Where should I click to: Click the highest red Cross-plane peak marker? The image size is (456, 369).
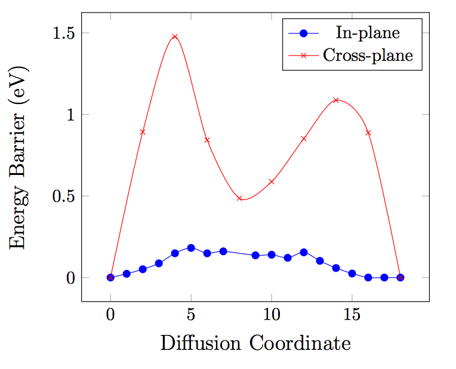click(x=175, y=36)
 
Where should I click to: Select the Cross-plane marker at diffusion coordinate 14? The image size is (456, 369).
click(x=336, y=100)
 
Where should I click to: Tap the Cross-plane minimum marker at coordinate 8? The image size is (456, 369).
click(x=239, y=198)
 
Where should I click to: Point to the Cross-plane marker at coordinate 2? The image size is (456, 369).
click(x=143, y=132)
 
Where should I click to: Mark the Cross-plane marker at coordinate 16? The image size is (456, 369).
click(x=368, y=133)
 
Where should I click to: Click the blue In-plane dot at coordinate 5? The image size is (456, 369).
click(x=191, y=248)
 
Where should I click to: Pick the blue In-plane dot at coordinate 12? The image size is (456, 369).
click(x=304, y=253)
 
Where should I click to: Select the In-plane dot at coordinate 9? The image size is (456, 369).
click(x=255, y=256)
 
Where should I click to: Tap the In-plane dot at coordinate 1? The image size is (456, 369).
click(x=127, y=274)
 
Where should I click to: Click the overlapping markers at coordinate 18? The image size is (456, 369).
click(x=400, y=277)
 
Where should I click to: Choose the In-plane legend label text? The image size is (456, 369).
click(x=368, y=33)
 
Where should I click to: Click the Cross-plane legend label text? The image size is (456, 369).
click(x=368, y=55)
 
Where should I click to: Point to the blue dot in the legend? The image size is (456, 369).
click(x=304, y=33)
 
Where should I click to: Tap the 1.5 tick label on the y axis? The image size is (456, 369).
click(x=64, y=33)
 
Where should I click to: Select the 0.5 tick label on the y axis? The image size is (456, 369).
click(x=64, y=196)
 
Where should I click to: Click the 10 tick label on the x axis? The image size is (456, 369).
click(x=272, y=315)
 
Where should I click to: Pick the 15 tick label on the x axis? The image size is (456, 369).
click(x=352, y=315)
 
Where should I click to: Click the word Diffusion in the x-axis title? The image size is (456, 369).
click(x=201, y=343)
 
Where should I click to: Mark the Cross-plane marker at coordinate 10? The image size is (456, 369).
click(x=272, y=182)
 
